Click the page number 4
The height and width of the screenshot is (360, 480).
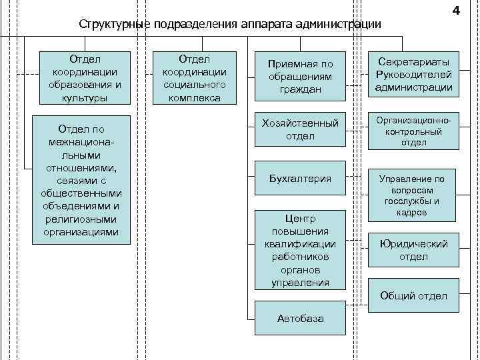click(x=455, y=11)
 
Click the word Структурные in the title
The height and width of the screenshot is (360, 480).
click(x=114, y=25)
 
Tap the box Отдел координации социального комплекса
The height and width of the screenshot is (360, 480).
click(x=195, y=78)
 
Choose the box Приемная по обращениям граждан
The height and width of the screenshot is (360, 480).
click(x=299, y=76)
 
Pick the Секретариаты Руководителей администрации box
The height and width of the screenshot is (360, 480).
click(x=413, y=73)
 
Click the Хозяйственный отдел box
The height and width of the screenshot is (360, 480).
click(x=299, y=130)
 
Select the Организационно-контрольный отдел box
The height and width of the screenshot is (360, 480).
click(x=413, y=130)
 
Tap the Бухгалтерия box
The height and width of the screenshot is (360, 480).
click(x=299, y=179)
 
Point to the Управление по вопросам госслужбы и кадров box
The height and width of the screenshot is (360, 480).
click(x=413, y=196)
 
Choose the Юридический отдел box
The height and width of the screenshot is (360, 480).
click(x=413, y=250)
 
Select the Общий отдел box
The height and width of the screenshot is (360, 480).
click(x=413, y=296)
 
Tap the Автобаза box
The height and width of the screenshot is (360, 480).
click(x=299, y=319)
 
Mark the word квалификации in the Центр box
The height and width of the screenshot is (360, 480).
click(x=299, y=244)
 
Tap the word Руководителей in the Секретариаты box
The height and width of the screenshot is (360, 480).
click(x=413, y=74)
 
